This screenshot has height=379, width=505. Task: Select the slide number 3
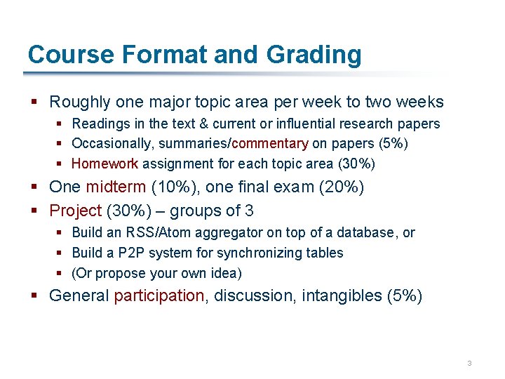pyautogui.click(x=469, y=363)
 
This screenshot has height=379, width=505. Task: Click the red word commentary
pyautogui.click(x=269, y=144)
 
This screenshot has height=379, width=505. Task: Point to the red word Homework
pyautogui.click(x=105, y=164)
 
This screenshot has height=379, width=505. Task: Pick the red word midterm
pyautogui.click(x=115, y=187)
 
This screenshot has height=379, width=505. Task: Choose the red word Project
pyautogui.click(x=75, y=211)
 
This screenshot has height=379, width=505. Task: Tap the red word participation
pyautogui.click(x=159, y=295)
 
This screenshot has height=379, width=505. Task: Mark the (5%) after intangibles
pyautogui.click(x=405, y=295)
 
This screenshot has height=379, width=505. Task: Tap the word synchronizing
pyautogui.click(x=258, y=253)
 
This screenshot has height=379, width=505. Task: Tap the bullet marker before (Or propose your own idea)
pyautogui.click(x=60, y=274)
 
